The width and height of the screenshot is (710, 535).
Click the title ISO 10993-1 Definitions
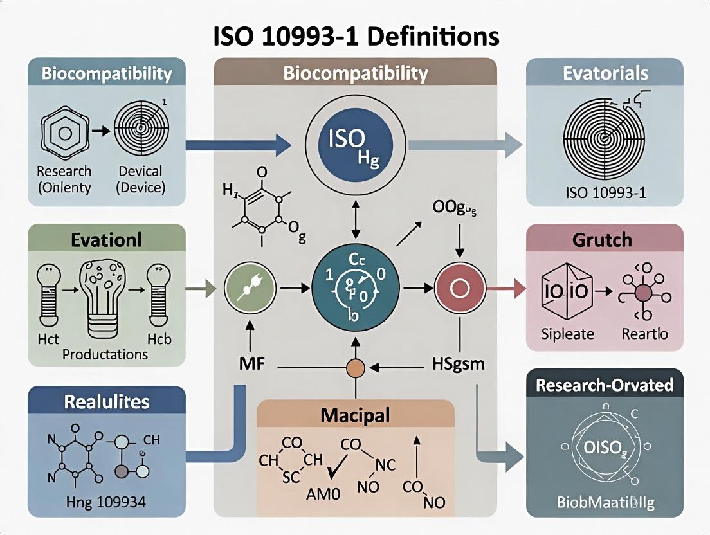(355, 37)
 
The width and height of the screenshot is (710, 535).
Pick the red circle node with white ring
(459, 289)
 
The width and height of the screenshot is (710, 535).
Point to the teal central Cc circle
(354, 288)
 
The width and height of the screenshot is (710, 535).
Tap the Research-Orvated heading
(604, 385)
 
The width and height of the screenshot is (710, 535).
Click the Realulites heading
(107, 402)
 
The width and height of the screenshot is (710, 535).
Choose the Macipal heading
(355, 415)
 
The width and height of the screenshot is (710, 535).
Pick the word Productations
(105, 354)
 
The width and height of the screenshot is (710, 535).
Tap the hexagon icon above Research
(64, 133)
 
